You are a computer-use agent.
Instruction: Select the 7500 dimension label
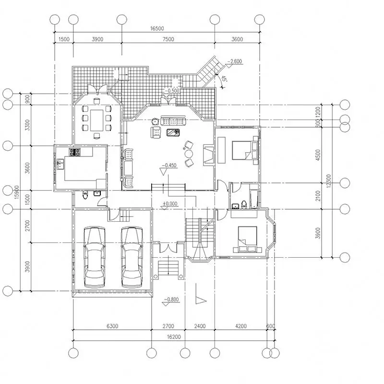tap(168, 39)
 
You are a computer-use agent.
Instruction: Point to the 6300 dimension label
tap(112, 326)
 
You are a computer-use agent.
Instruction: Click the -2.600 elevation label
tap(235, 61)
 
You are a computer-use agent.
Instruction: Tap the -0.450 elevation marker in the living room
tap(169, 166)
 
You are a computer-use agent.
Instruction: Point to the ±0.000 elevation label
tap(170, 204)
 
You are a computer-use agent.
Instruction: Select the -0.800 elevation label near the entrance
tap(171, 300)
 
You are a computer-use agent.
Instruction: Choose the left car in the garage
tap(95, 257)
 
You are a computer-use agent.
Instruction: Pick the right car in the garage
tap(131, 257)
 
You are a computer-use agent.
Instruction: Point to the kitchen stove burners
tap(75, 153)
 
